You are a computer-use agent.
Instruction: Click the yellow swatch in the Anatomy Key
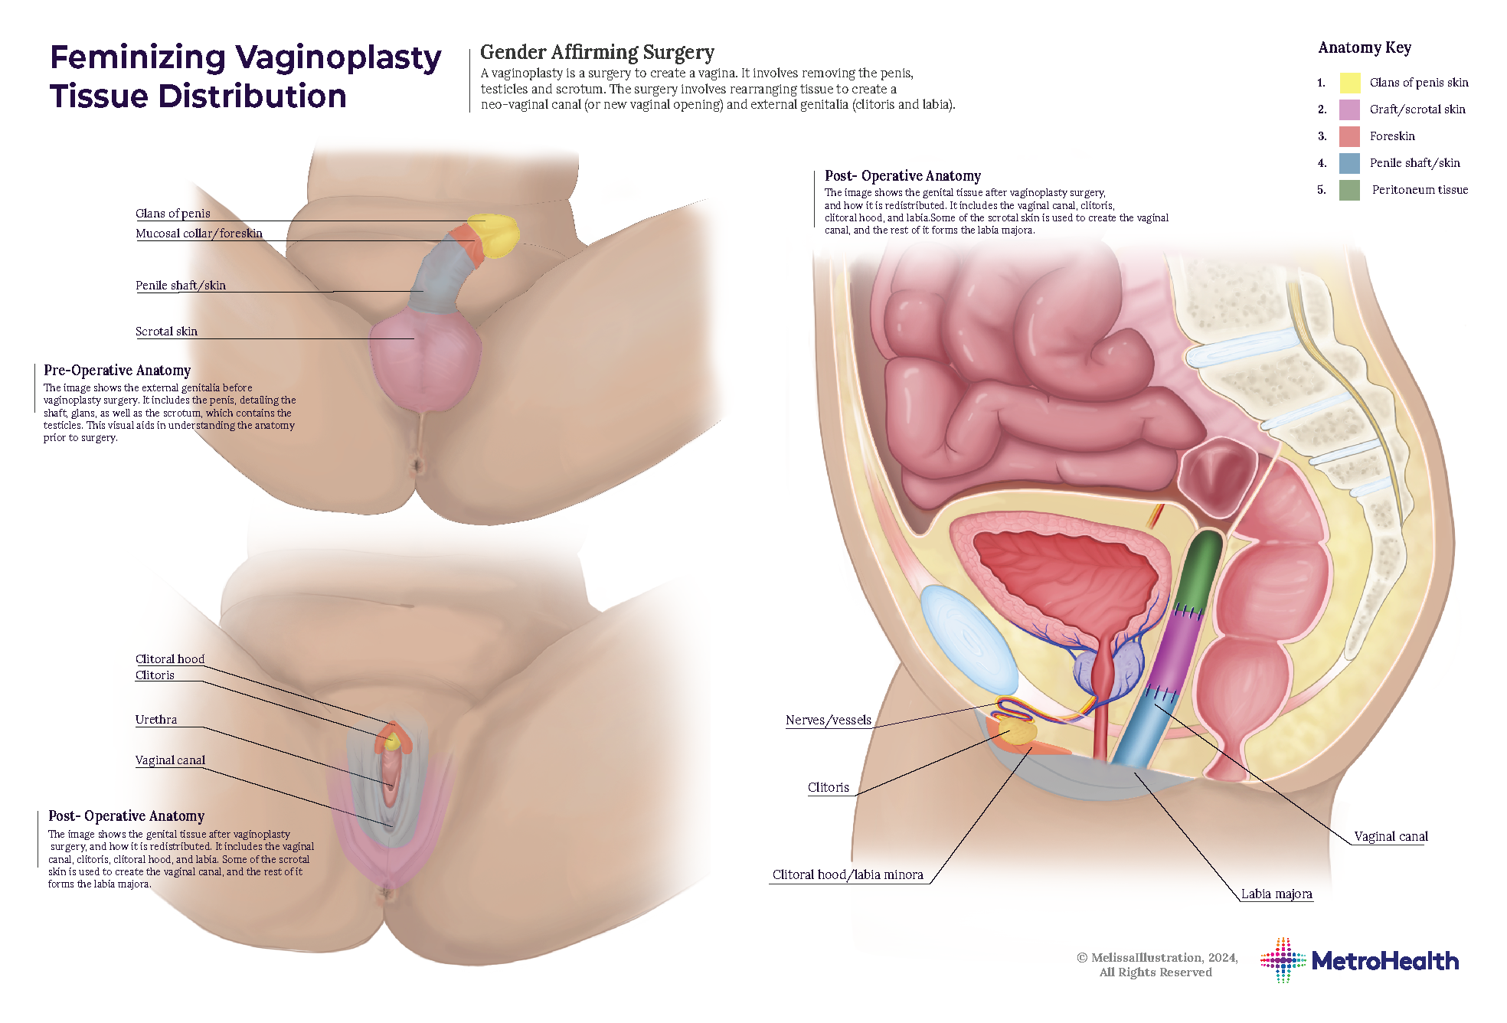(1350, 83)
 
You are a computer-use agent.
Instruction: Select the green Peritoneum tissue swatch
(1350, 190)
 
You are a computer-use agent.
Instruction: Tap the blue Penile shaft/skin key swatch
(1350, 163)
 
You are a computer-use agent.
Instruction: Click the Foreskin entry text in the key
(1391, 136)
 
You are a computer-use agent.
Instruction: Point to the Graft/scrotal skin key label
(1417, 109)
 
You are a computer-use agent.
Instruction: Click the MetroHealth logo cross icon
(1283, 960)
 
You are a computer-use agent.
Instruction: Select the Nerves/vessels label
(828, 721)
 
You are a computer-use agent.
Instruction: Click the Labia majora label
(1276, 894)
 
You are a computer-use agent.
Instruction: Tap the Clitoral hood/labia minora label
(848, 875)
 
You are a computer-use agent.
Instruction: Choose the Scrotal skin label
(166, 332)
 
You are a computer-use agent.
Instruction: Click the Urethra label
(156, 720)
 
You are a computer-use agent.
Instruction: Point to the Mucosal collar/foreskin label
(199, 234)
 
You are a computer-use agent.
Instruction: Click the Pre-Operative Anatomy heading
(117, 371)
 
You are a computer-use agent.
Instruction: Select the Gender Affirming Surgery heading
(597, 52)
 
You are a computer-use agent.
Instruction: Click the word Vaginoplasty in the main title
(338, 58)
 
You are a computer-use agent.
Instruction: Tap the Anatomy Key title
(1364, 48)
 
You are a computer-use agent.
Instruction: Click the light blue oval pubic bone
(968, 640)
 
